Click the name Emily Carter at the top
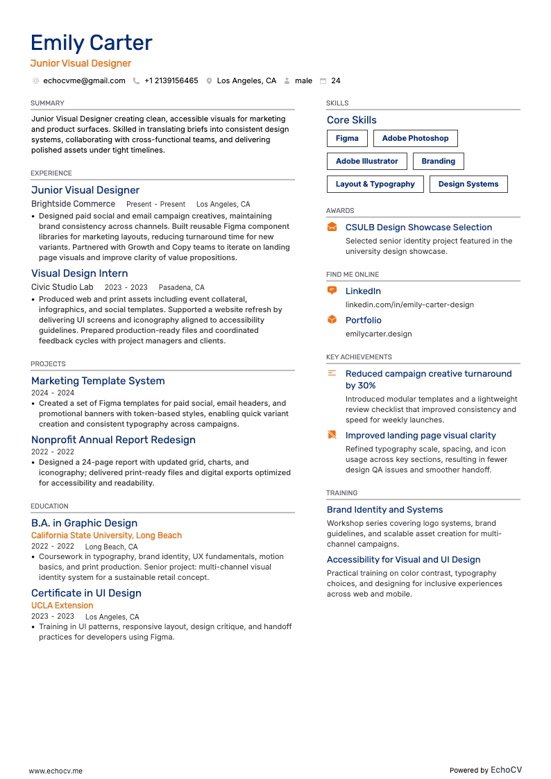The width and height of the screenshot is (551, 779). click(91, 43)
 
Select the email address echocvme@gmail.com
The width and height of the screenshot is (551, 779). click(84, 81)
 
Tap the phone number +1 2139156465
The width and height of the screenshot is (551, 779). click(171, 81)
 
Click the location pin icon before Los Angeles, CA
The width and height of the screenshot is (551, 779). click(209, 81)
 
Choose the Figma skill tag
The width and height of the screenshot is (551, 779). click(347, 138)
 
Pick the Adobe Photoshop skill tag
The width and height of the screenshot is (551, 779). click(415, 138)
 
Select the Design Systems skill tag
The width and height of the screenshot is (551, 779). click(468, 185)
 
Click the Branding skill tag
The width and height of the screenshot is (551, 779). click(438, 161)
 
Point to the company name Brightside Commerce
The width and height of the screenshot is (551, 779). click(73, 205)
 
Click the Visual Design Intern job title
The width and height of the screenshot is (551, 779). click(79, 273)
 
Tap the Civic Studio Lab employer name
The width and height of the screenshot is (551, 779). click(62, 287)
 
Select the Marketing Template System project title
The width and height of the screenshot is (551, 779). click(98, 381)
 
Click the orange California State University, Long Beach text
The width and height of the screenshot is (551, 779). click(106, 536)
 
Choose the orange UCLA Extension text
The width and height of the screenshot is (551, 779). click(62, 606)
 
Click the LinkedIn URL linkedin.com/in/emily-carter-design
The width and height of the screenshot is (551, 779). click(409, 305)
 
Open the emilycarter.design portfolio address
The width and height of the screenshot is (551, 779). click(378, 334)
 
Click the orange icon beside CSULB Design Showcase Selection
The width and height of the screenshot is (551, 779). click(332, 228)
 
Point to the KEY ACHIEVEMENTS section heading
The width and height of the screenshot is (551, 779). click(359, 357)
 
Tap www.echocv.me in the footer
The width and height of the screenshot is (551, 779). click(56, 771)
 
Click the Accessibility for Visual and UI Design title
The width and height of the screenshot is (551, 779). click(403, 560)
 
